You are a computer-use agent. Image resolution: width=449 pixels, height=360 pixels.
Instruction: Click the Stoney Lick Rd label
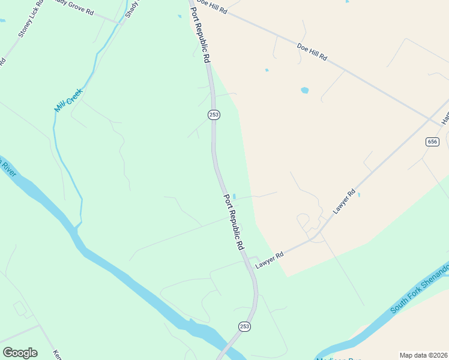click(x=29, y=25)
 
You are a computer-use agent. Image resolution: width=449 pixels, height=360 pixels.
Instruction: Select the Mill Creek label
click(x=68, y=100)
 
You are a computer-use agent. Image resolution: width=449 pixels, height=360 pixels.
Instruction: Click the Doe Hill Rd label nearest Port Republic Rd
click(x=211, y=7)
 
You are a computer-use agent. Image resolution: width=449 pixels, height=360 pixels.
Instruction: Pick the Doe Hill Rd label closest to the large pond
click(x=312, y=52)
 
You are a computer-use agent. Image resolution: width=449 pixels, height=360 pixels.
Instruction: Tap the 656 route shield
click(x=432, y=142)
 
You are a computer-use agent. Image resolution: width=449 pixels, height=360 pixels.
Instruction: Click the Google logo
click(x=20, y=353)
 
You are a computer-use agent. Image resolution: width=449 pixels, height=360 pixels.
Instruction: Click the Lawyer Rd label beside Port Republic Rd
click(x=268, y=260)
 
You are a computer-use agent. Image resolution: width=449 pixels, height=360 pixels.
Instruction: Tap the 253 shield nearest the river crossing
click(x=244, y=326)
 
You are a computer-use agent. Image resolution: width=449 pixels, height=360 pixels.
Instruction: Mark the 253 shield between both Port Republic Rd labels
click(x=213, y=115)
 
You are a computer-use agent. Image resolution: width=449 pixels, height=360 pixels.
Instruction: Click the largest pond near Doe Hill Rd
click(x=305, y=91)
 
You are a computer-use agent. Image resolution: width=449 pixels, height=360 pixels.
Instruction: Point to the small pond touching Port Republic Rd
click(x=234, y=196)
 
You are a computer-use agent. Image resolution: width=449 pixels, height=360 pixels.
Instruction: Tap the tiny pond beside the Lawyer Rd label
click(x=359, y=194)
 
